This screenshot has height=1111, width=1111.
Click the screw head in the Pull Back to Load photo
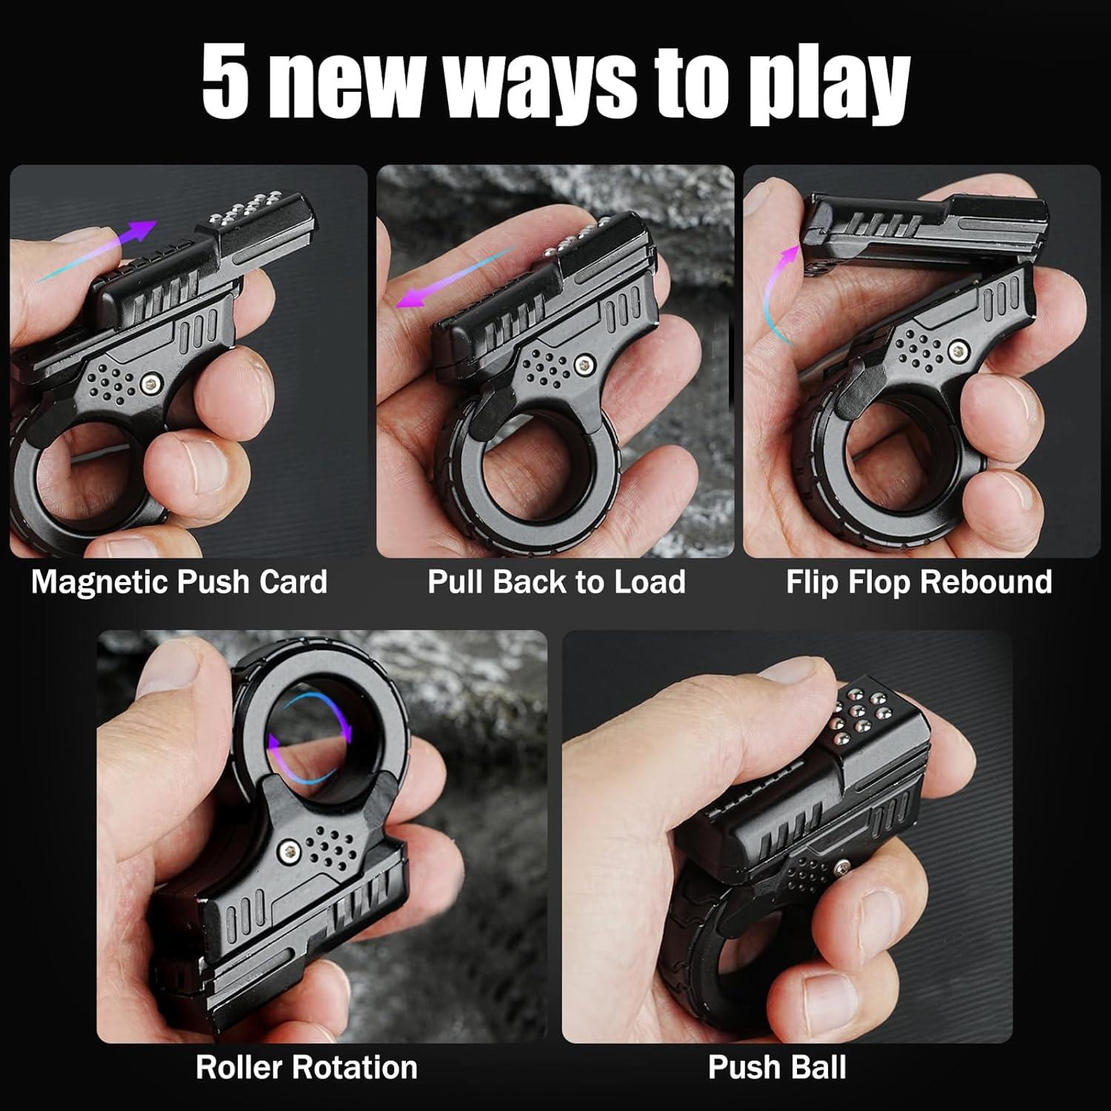pyautogui.click(x=585, y=363)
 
